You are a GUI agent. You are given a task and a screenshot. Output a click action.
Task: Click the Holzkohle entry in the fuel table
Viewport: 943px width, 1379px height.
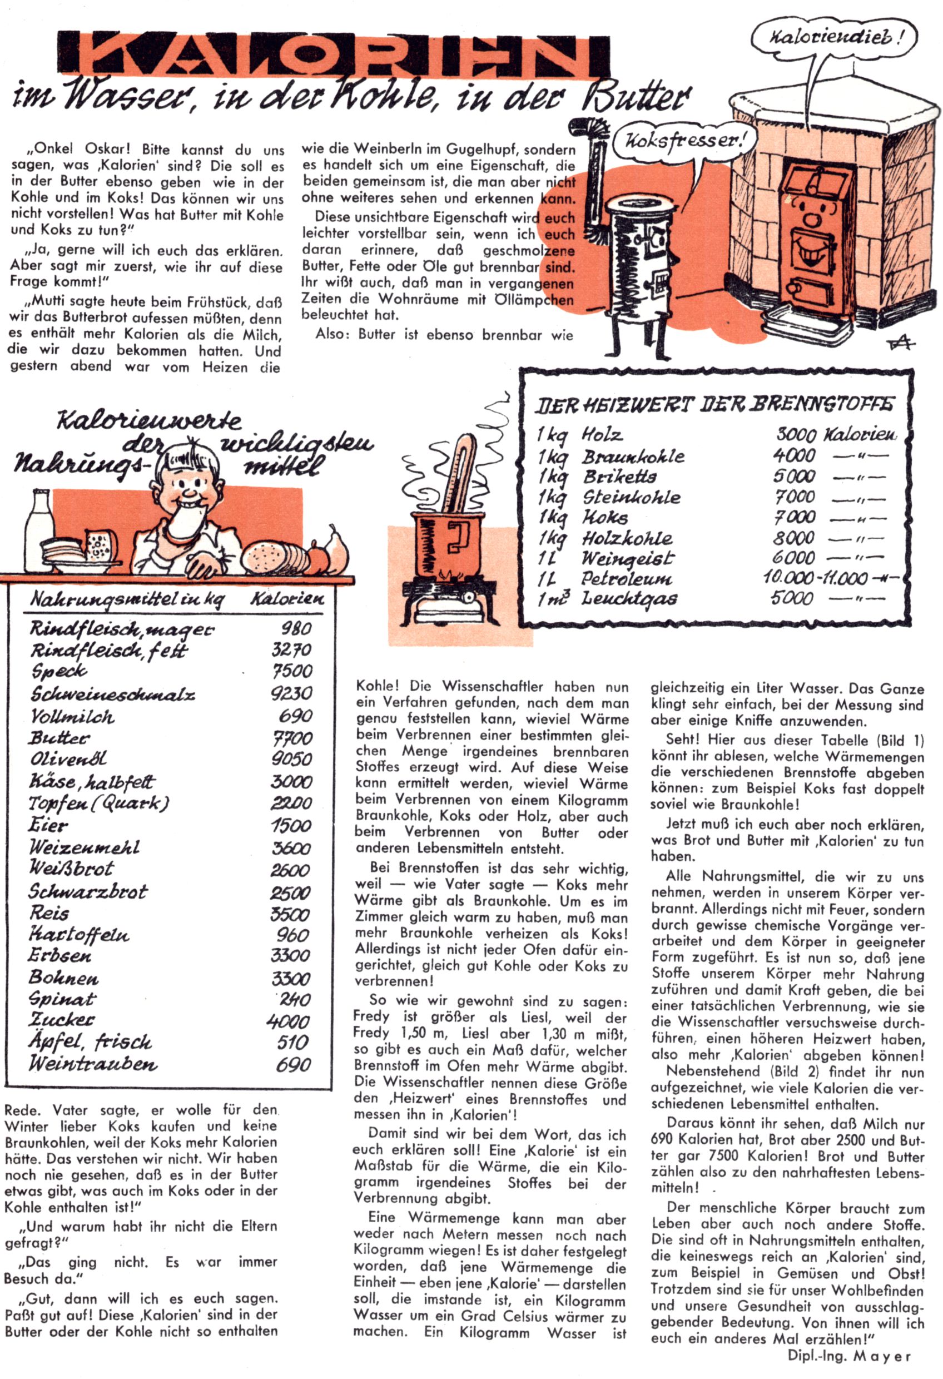(x=627, y=538)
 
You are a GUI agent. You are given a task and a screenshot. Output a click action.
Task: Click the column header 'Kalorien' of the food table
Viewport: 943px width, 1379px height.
(x=287, y=599)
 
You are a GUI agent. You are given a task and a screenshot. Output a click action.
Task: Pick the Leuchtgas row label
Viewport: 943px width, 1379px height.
(x=629, y=598)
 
